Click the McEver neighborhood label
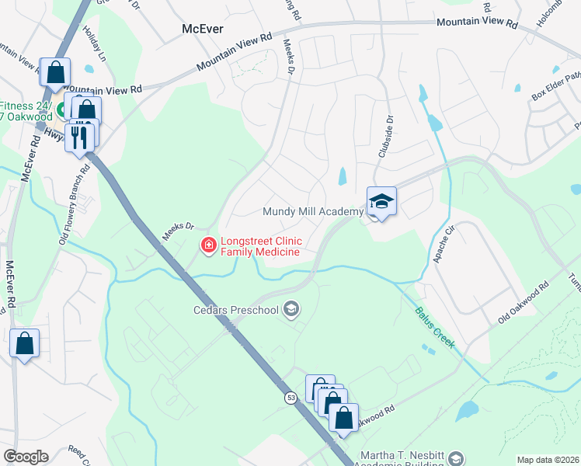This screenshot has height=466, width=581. point(202,29)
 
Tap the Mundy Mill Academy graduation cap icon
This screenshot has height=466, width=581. point(381,202)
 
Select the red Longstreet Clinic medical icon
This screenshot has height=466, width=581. point(208,246)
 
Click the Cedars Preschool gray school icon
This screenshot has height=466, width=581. point(291,311)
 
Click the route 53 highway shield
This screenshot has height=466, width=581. point(290,398)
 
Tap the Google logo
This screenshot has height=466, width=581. point(26,457)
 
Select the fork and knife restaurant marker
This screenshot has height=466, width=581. point(79,137)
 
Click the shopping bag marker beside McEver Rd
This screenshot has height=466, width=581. point(25,343)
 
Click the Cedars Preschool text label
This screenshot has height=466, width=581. point(235,311)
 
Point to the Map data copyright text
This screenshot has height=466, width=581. point(547,460)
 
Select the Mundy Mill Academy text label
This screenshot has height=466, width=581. point(313,211)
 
